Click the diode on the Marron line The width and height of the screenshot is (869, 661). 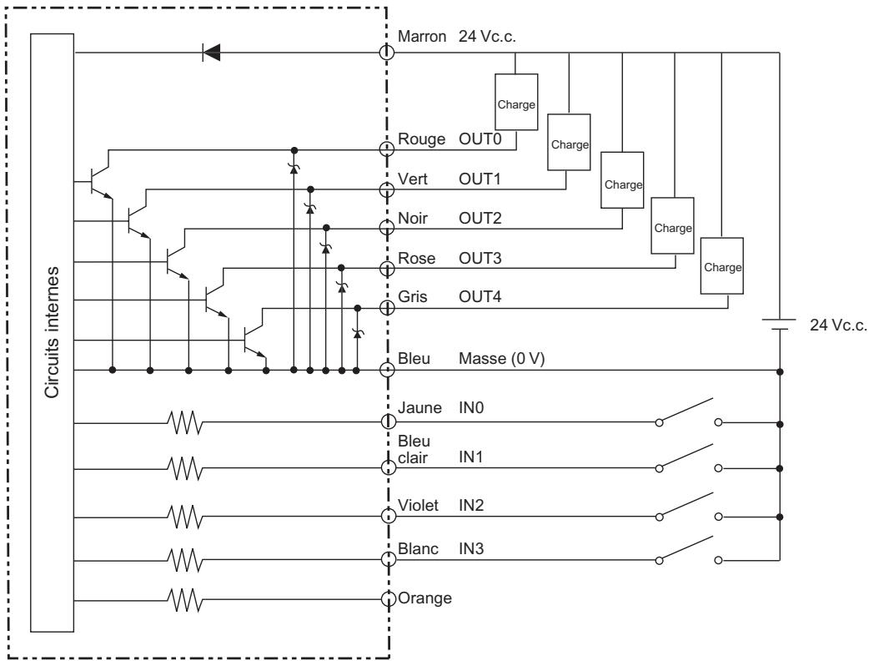point(212,53)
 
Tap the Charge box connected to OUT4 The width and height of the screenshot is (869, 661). point(721,266)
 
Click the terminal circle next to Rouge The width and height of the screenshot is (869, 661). point(387,149)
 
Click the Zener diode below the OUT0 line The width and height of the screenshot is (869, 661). point(293,169)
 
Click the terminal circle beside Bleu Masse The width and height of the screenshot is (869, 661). point(387,369)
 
